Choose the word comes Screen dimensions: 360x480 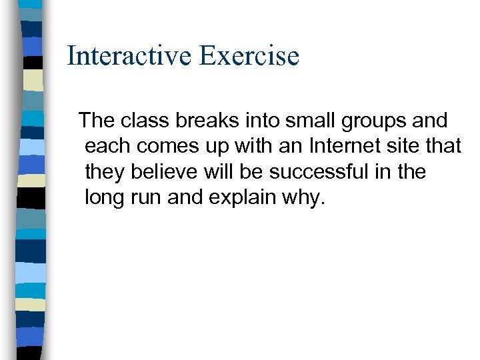click(170, 147)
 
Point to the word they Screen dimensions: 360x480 click(106, 172)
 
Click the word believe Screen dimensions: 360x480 click(163, 171)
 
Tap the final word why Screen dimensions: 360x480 click(307, 198)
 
